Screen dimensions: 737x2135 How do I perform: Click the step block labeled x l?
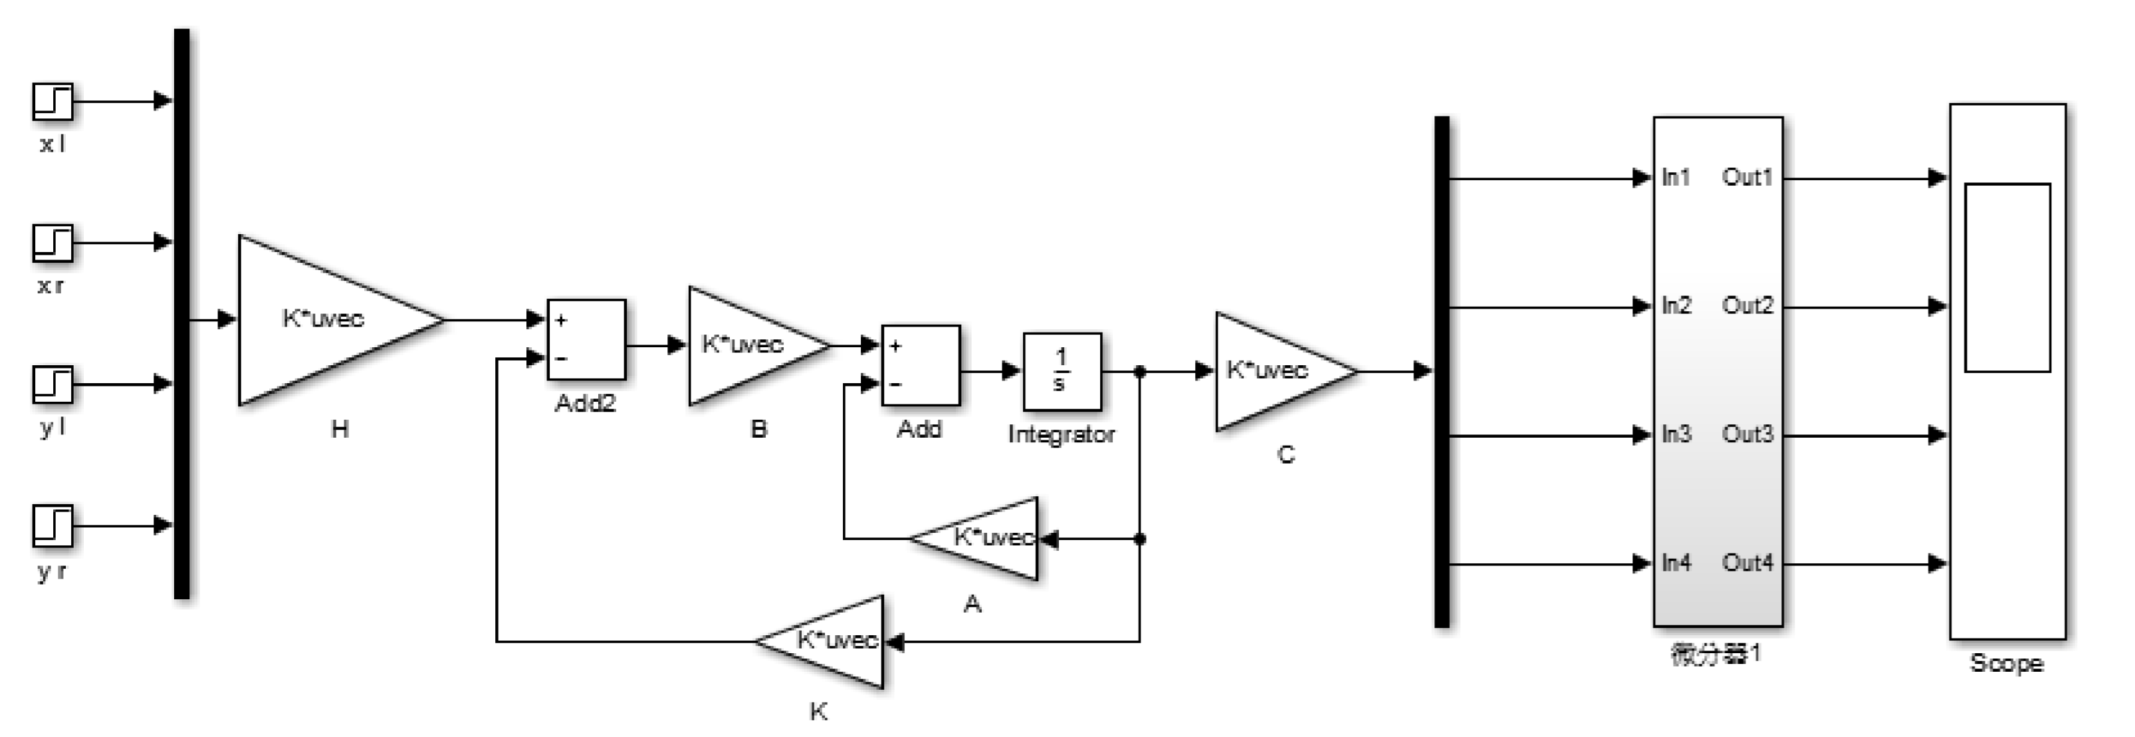53,102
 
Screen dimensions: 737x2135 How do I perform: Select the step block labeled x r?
53,243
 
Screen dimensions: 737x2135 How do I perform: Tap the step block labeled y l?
53,384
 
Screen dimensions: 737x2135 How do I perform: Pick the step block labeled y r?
53,525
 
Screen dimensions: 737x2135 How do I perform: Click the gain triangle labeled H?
328,320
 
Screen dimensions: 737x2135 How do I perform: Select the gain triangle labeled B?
746,346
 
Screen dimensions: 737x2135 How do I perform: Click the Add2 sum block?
586,340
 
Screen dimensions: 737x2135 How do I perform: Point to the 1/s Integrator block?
1062,371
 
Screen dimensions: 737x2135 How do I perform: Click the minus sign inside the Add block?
896,384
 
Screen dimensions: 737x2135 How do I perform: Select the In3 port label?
1676,434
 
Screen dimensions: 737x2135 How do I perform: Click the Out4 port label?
1747,563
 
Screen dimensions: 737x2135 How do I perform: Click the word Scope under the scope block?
2005,663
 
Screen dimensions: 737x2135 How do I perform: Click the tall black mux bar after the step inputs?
181,313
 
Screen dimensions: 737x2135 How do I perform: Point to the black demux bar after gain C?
1442,371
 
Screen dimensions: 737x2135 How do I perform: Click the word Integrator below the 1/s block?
1061,434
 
